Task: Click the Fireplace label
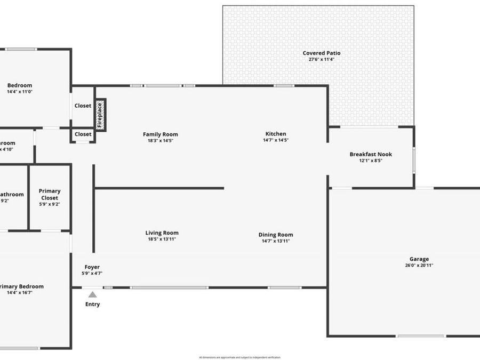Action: click(x=100, y=114)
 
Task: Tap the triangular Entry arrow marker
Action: click(x=92, y=294)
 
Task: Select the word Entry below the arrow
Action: click(x=92, y=305)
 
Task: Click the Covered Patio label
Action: click(x=322, y=53)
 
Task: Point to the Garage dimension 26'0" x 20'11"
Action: click(x=419, y=265)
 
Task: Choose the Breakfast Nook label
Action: click(x=371, y=154)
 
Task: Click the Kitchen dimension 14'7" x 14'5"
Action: click(x=276, y=140)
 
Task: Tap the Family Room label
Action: click(x=160, y=134)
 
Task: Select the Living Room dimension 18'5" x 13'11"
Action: click(x=162, y=239)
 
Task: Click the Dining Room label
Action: click(x=276, y=235)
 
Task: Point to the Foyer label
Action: click(x=92, y=267)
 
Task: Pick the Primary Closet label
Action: click(x=50, y=194)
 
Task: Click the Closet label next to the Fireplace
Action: click(x=83, y=106)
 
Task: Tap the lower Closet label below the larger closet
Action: click(x=83, y=134)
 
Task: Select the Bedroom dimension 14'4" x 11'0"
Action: click(x=20, y=92)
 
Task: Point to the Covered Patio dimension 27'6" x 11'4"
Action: click(x=322, y=59)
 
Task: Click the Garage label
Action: click(x=419, y=259)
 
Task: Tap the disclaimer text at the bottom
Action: click(x=239, y=357)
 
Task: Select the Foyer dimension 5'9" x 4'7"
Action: click(x=92, y=273)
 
